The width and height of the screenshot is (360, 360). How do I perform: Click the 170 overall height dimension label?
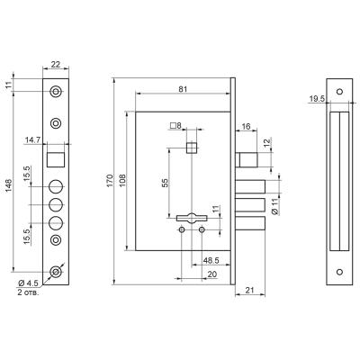tap(110, 181)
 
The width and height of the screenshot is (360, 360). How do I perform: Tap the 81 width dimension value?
tap(183, 89)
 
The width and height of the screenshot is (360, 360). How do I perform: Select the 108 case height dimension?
tap(122, 180)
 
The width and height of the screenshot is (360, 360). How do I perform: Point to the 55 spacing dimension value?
tap(165, 183)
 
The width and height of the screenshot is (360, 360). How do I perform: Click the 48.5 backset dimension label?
tap(211, 260)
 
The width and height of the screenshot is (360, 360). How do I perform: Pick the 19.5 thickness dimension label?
tap(318, 98)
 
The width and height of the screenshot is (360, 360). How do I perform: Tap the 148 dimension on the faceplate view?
tap(8, 185)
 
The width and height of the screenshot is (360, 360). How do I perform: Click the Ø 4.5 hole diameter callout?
tap(28, 283)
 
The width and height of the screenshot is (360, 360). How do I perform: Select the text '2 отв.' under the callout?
tap(28, 292)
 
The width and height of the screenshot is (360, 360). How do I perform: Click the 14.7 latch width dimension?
tap(33, 139)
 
